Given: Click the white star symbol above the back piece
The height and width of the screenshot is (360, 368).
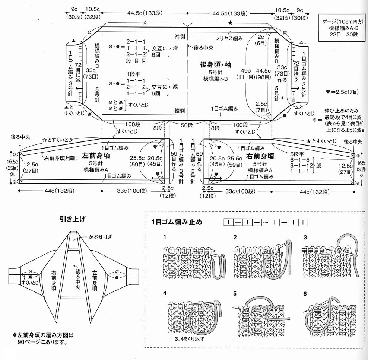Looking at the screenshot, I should (145, 23).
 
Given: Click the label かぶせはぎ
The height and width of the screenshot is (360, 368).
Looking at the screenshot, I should (100, 237).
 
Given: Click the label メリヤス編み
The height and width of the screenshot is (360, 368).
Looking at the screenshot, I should (229, 38).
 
